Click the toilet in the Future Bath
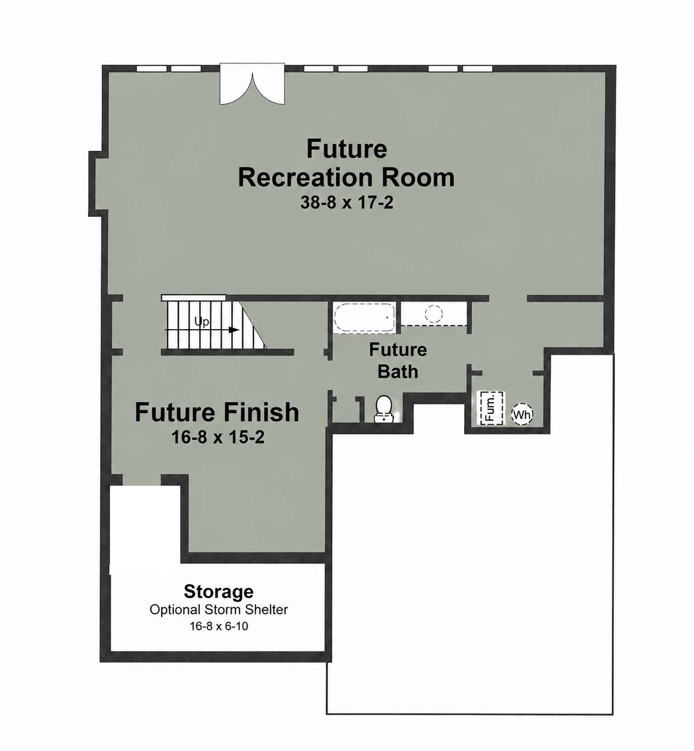[384, 409]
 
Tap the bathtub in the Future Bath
[363, 318]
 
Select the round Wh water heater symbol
[522, 415]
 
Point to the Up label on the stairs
[202, 322]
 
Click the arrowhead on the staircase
[234, 330]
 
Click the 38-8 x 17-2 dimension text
[347, 203]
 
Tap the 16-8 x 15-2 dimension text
[218, 437]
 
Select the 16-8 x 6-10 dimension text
[219, 626]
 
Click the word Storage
[218, 592]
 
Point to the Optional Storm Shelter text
[218, 609]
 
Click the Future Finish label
[217, 412]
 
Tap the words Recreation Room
[346, 177]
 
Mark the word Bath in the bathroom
[398, 371]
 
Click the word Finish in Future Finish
[260, 412]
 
